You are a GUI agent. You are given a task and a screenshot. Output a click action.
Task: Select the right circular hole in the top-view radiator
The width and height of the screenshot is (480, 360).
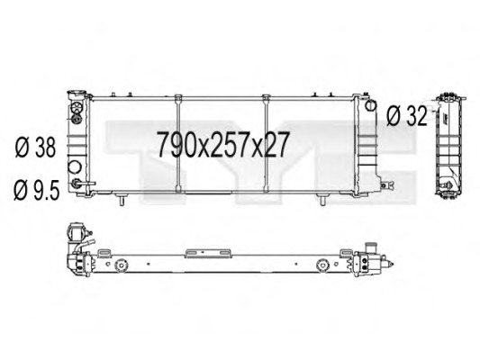[322, 265]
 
